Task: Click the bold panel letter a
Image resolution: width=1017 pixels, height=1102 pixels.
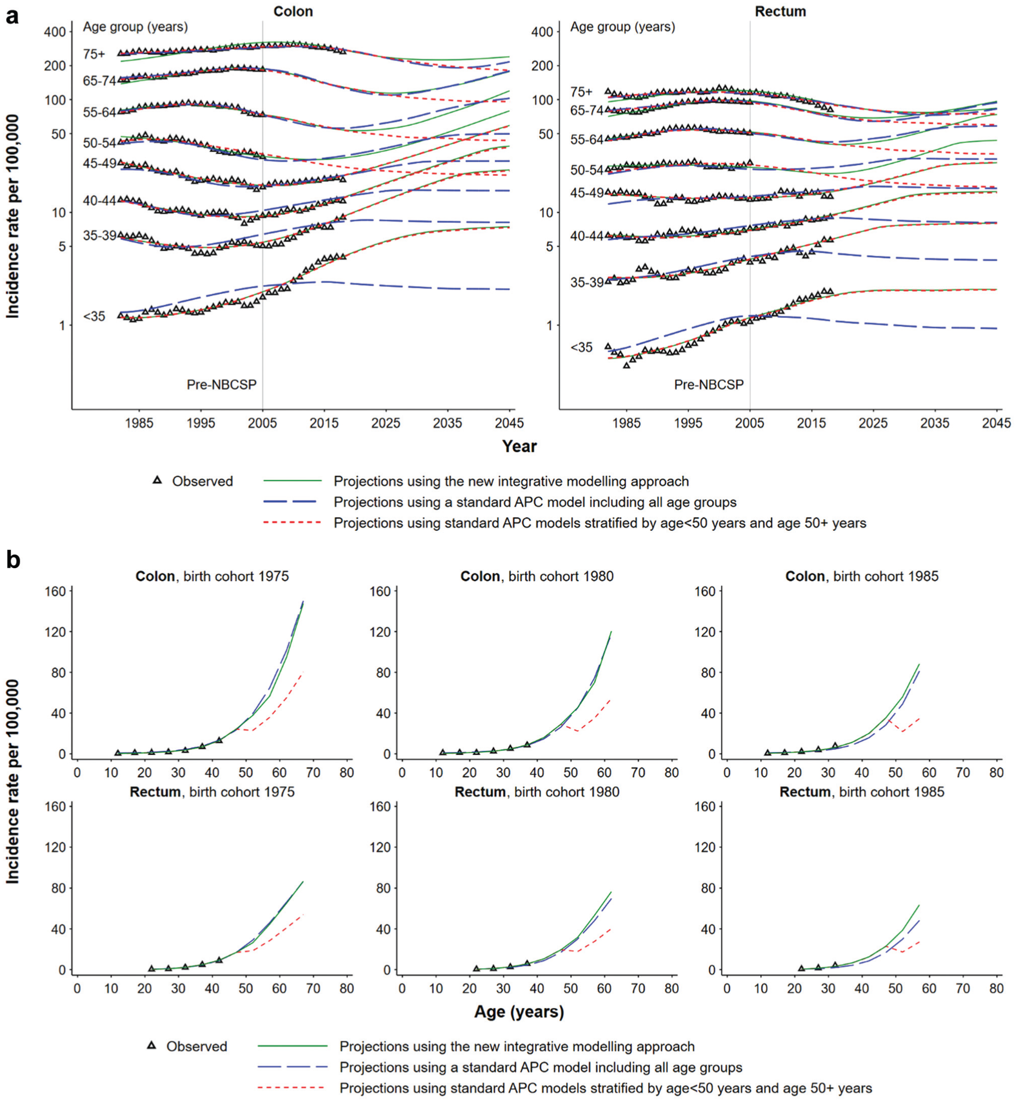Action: pyautogui.click(x=12, y=17)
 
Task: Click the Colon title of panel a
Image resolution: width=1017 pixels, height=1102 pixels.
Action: pyautogui.click(x=293, y=12)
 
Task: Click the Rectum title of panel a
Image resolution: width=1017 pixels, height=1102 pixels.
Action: pyautogui.click(x=780, y=12)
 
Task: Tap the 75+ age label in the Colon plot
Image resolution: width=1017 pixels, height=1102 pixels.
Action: pyautogui.click(x=94, y=54)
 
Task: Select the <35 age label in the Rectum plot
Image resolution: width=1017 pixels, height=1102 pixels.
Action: pyautogui.click(x=581, y=347)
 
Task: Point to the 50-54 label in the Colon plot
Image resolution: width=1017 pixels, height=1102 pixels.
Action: pyautogui.click(x=100, y=143)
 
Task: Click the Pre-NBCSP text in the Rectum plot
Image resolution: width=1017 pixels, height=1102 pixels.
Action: pyautogui.click(x=709, y=384)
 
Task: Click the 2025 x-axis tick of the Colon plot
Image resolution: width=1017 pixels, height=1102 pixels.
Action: pyautogui.click(x=386, y=423)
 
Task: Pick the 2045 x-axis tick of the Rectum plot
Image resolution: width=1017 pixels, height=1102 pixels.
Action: pyautogui.click(x=997, y=423)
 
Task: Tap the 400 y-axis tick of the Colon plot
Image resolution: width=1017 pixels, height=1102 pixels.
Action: pyautogui.click(x=55, y=32)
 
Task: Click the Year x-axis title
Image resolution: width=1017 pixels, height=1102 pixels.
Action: pyautogui.click(x=519, y=446)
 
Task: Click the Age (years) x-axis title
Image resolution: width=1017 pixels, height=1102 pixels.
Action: pyautogui.click(x=519, y=1012)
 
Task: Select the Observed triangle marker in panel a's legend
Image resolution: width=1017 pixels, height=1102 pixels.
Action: pyautogui.click(x=157, y=480)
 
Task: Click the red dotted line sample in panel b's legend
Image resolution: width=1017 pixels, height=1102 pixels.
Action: pyautogui.click(x=292, y=1088)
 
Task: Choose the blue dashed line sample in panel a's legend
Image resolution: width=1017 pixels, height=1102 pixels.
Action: pyautogui.click(x=292, y=501)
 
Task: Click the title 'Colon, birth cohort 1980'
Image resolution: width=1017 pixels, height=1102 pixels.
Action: pyautogui.click(x=537, y=576)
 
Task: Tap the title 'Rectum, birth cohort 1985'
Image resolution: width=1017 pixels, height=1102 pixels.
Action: pyautogui.click(x=862, y=792)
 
